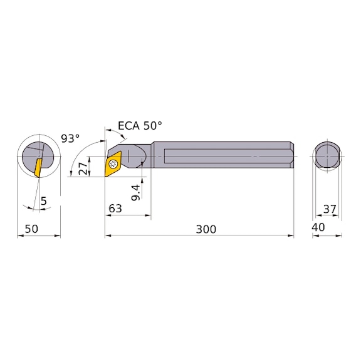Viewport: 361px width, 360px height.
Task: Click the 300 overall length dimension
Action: [206, 229]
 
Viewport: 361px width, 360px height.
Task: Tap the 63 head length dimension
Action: [115, 208]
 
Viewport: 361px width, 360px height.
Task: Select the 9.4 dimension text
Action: [136, 192]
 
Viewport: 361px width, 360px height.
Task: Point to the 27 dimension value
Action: [83, 168]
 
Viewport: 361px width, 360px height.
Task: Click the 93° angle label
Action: [70, 138]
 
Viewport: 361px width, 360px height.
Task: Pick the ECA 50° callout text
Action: [140, 126]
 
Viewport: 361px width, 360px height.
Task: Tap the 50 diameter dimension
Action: [31, 229]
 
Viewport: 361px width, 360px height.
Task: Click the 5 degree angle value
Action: [43, 201]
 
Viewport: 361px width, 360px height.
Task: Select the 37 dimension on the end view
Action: [330, 209]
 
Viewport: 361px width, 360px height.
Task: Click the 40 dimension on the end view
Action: [318, 227]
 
